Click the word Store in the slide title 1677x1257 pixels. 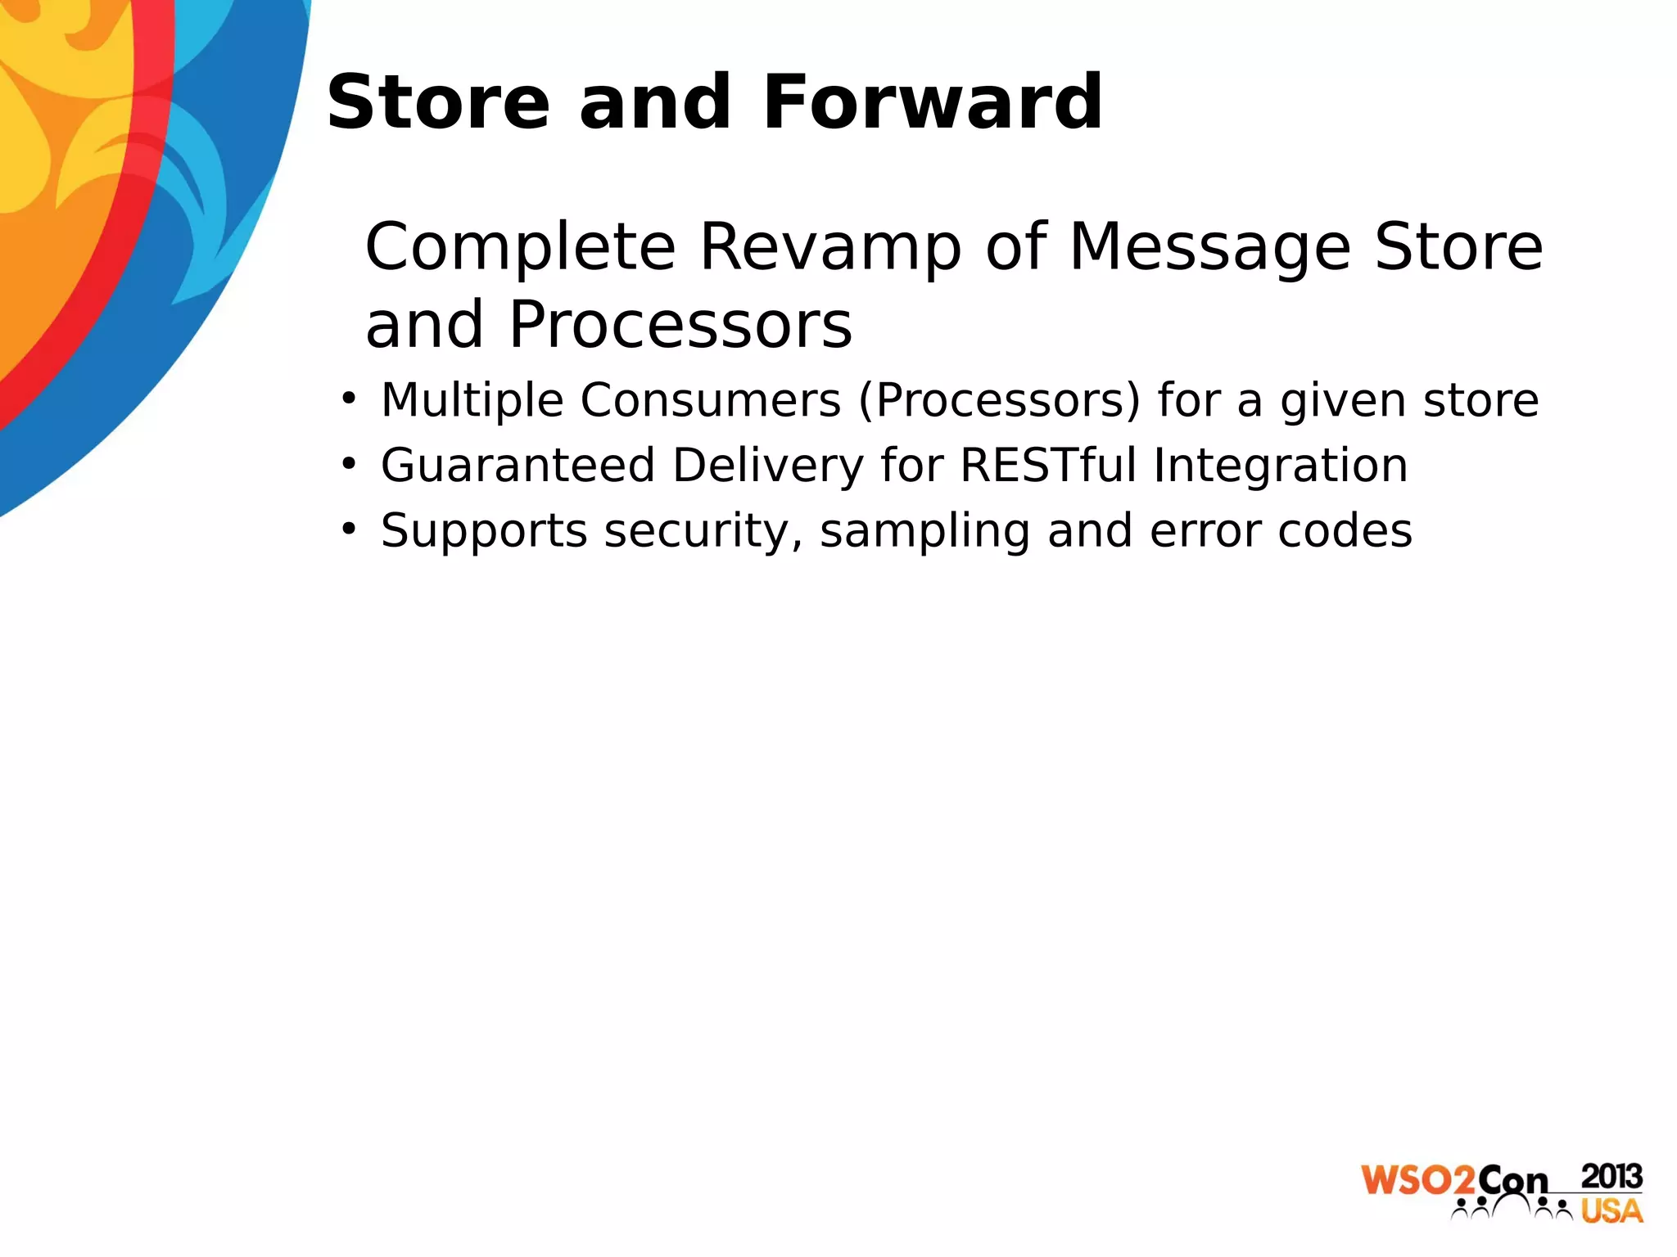(x=438, y=102)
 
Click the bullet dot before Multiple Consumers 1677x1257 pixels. (x=350, y=399)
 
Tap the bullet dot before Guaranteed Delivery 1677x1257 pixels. (x=350, y=465)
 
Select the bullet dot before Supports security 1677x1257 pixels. (x=350, y=529)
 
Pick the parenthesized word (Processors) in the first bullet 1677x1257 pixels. (x=1000, y=400)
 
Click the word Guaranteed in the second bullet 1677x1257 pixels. (x=518, y=466)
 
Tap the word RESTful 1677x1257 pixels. (x=1047, y=466)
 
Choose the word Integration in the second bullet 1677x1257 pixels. (x=1281, y=466)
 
